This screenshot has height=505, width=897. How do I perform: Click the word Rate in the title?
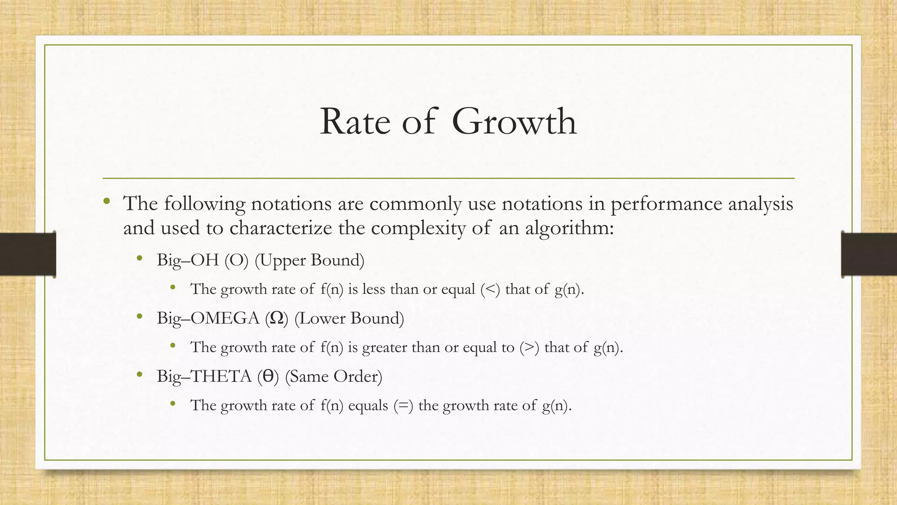pos(355,121)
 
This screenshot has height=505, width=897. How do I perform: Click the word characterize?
pos(280,228)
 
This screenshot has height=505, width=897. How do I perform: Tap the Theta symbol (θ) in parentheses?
pos(268,377)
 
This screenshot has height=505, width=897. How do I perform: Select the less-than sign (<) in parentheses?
pos(490,289)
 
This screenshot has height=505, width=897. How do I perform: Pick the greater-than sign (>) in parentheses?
pos(530,347)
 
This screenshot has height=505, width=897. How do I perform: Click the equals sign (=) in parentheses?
pos(403,405)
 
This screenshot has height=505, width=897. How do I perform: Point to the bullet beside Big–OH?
pos(140,259)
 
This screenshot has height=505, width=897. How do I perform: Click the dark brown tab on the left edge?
pos(28,254)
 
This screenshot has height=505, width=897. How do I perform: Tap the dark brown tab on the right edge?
pos(869,254)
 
